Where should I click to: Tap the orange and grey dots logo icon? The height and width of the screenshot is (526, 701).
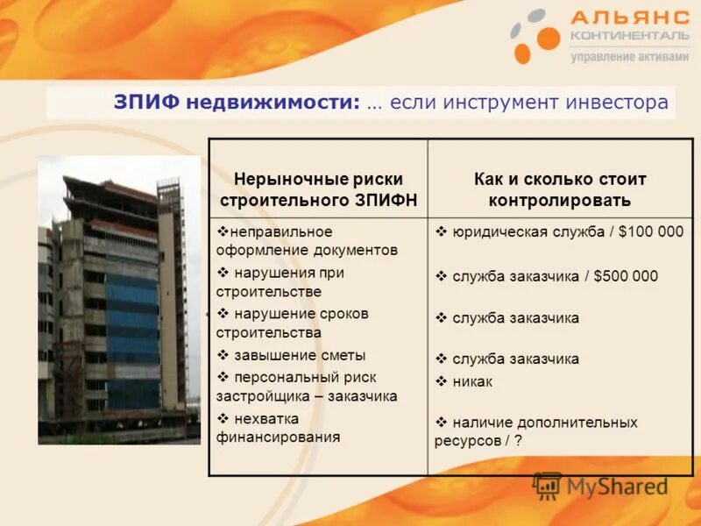535,36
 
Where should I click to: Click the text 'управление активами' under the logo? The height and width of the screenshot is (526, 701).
624,57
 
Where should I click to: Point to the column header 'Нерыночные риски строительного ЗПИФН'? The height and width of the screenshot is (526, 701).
318,189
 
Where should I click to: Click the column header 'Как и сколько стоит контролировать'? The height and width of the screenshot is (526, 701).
560,189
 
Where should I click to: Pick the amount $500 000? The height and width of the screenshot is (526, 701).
626,276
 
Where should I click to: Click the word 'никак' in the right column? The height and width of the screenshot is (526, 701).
472,381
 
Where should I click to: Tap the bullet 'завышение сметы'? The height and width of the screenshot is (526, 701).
299,355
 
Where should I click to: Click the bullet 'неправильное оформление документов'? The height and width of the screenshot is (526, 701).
302,240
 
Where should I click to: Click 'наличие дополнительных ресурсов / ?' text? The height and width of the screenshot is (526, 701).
536,431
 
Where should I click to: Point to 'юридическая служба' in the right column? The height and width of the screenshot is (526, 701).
513,232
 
